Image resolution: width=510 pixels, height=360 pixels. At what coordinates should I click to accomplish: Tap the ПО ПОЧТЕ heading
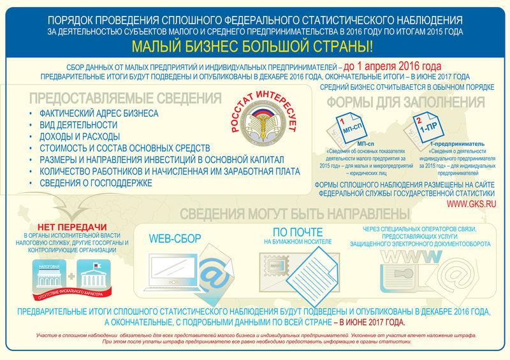click(x=294, y=233)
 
